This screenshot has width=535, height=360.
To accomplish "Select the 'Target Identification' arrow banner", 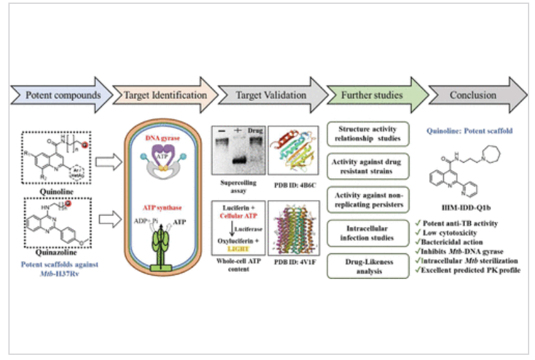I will point(161,95).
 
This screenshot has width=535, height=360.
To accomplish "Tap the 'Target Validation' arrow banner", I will point(265,95).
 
